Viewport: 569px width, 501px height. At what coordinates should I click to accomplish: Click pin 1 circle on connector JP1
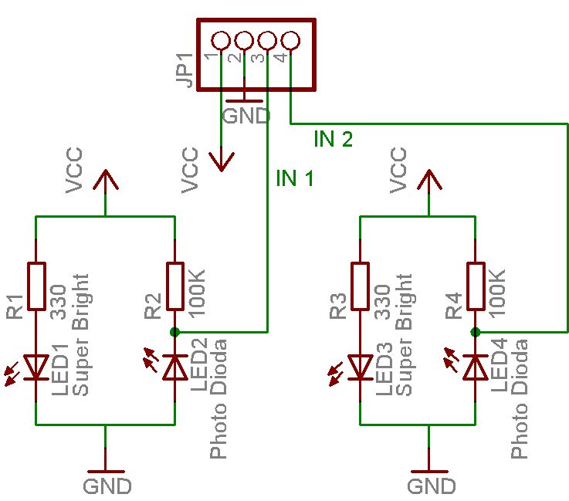coord(221,39)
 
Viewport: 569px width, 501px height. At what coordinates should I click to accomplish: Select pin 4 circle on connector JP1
coord(290,39)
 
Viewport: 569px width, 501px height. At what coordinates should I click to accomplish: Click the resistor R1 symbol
coord(36,286)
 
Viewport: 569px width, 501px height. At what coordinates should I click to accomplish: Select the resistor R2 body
coord(175,286)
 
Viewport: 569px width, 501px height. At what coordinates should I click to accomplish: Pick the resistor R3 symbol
coord(361,286)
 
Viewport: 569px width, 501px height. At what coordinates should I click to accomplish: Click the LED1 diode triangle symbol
coord(36,367)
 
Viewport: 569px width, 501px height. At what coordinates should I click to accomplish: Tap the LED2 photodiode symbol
coord(175,367)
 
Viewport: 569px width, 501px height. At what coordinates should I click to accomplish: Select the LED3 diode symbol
coord(361,367)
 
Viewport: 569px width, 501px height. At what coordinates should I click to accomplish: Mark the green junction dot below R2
coord(175,332)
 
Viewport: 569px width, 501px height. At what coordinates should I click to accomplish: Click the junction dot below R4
coord(476,332)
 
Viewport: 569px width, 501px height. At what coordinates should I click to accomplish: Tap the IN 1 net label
coord(295,179)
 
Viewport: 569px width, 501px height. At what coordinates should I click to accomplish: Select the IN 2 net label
coord(334,139)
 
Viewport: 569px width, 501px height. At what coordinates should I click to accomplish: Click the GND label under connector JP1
coord(246,116)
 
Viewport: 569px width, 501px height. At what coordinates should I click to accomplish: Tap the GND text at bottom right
coord(432,486)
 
